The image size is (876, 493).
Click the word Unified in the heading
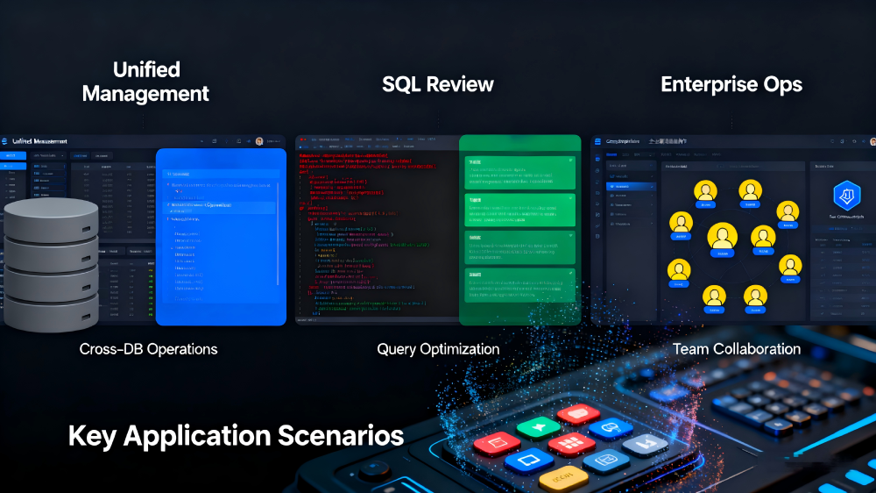point(146,69)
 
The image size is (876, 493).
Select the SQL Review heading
point(438,85)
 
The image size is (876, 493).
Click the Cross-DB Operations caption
point(148,349)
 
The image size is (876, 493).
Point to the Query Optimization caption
point(438,349)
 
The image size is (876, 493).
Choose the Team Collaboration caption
point(737,349)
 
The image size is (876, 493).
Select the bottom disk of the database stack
point(52,309)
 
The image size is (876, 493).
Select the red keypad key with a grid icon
point(572,443)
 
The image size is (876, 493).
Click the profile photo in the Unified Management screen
point(259,140)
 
